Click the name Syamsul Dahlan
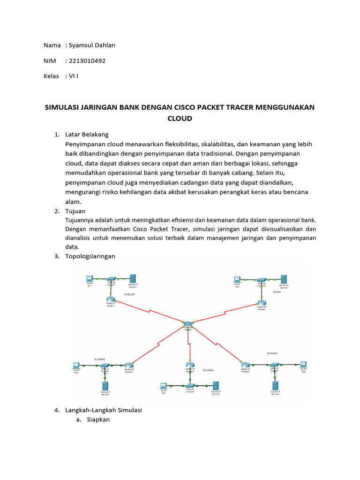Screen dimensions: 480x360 [x=91, y=45]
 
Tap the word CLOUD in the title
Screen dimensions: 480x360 [x=180, y=119]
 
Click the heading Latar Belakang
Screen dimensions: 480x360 [x=87, y=135]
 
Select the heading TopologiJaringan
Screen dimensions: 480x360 [x=91, y=256]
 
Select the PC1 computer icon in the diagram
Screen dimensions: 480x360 [x=90, y=278]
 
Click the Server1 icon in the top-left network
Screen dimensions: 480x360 [x=133, y=277]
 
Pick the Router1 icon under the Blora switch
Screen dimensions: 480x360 [x=111, y=300]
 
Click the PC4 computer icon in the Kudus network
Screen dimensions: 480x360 [x=303, y=364]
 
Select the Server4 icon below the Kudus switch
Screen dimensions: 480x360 [x=275, y=385]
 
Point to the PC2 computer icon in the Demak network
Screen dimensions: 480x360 [x=76, y=365]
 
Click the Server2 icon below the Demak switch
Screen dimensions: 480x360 [x=105, y=386]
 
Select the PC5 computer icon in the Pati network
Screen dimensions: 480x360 [x=238, y=279]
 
